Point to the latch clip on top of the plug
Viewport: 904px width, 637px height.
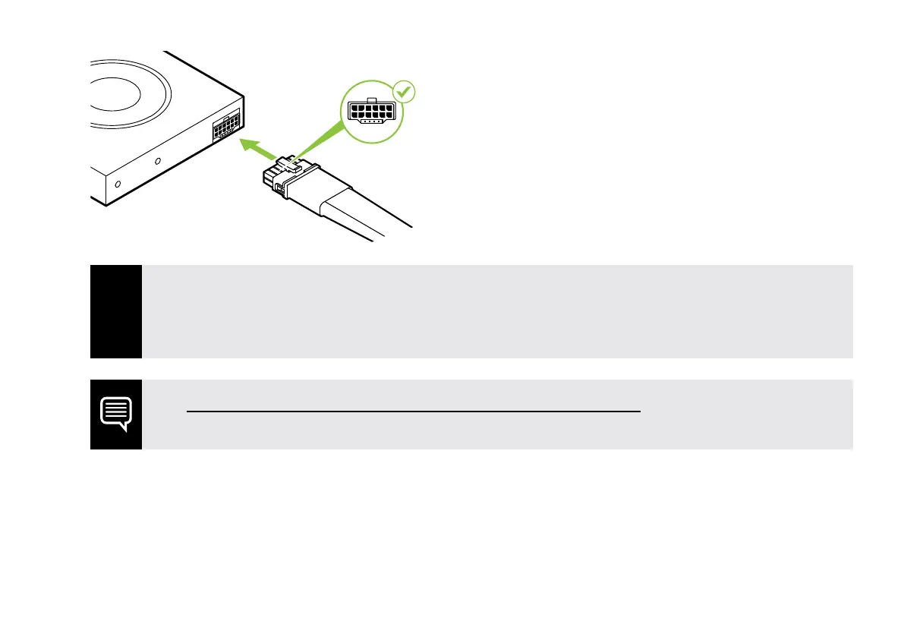pyautogui.click(x=286, y=162)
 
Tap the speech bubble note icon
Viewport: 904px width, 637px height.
pyautogui.click(x=116, y=414)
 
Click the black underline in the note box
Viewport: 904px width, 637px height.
pyautogui.click(x=414, y=411)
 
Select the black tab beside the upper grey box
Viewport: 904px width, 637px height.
pyautogui.click(x=116, y=311)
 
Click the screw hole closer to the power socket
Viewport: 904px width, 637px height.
pyautogui.click(x=158, y=162)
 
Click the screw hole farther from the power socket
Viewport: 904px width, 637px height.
pyautogui.click(x=117, y=184)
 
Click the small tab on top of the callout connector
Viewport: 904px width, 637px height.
pyautogui.click(x=371, y=99)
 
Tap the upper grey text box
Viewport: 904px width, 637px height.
pyautogui.click(x=497, y=311)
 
